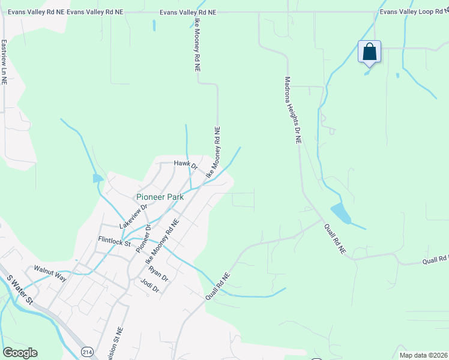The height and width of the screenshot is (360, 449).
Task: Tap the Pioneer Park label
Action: pyautogui.click(x=160, y=196)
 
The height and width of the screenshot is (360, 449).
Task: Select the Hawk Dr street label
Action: pyautogui.click(x=185, y=163)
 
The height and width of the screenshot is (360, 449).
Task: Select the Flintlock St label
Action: pyautogui.click(x=115, y=242)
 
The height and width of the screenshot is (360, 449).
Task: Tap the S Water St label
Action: pyautogui.click(x=17, y=289)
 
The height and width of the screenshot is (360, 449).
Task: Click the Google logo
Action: pyautogui.click(x=20, y=353)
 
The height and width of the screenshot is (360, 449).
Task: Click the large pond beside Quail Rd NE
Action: pyautogui.click(x=341, y=212)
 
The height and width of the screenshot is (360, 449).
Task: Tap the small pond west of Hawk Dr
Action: pyautogui.click(x=97, y=178)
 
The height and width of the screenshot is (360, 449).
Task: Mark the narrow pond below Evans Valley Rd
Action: pyautogui.click(x=154, y=25)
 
